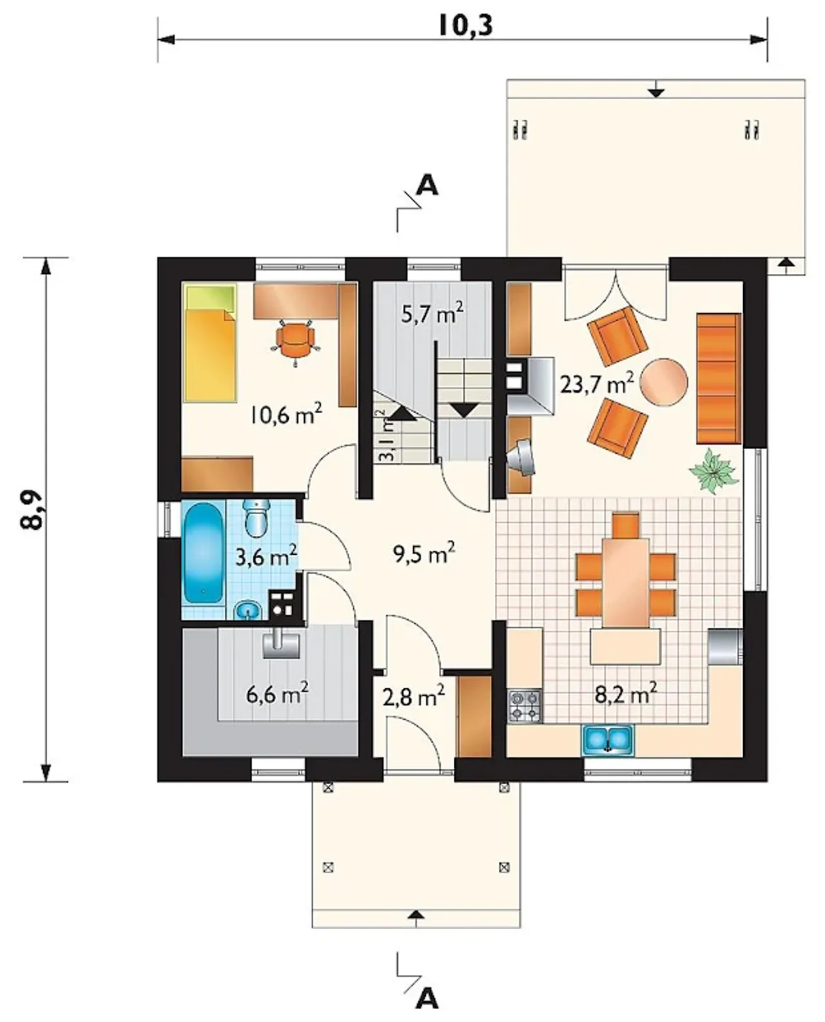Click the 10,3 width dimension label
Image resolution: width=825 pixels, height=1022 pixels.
coord(465,25)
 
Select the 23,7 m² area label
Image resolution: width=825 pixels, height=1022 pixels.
coord(597,382)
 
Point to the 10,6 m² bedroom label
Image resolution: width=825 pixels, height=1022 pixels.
coord(285,414)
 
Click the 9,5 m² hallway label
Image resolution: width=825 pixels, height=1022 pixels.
coord(423,554)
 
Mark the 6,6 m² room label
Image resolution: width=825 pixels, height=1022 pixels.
coord(277,694)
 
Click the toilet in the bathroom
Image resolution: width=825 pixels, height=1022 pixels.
coord(257,518)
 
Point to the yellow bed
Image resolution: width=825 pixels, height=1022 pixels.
coord(211,343)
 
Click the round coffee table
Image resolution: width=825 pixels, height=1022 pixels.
coord(664,382)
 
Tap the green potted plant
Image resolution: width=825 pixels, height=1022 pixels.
coord(713,470)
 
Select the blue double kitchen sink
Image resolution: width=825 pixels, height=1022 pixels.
coord(608,739)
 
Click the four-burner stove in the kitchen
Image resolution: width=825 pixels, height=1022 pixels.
coord(525,706)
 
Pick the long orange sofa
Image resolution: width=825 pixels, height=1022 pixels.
coord(719,378)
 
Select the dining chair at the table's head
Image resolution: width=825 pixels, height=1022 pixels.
coord(626,525)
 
